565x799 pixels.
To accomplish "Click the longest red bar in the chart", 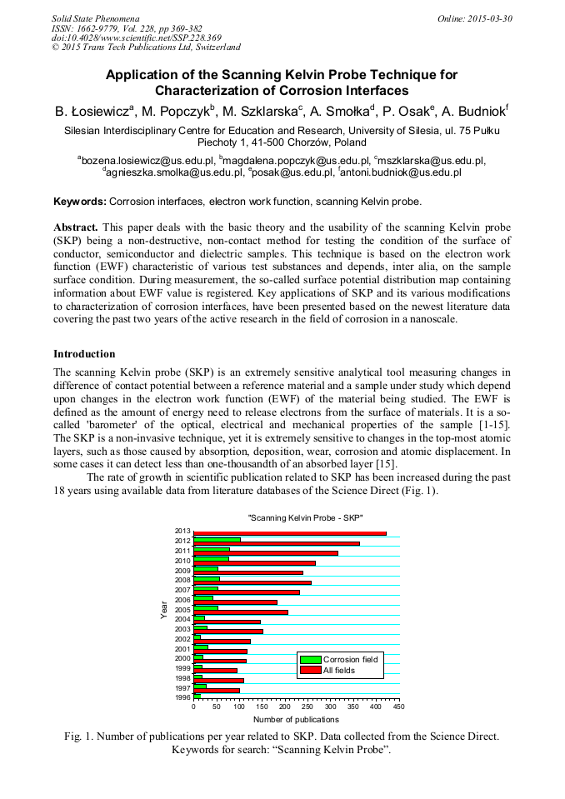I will pyautogui.click(x=289, y=533).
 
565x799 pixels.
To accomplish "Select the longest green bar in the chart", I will pyautogui.click(x=217, y=539).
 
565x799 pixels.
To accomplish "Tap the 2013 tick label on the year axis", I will pyautogui.click(x=183, y=531).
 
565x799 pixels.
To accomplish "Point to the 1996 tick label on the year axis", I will pyautogui.click(x=183, y=697).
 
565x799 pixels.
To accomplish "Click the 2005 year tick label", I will pyautogui.click(x=183, y=609).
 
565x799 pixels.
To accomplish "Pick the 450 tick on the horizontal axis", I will pyautogui.click(x=398, y=707).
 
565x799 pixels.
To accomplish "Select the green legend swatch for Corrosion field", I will pyautogui.click(x=310, y=660).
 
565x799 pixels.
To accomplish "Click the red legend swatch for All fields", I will pyautogui.click(x=310, y=670).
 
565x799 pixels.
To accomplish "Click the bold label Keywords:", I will pyautogui.click(x=80, y=202).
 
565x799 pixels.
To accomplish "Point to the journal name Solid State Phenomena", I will pyautogui.click(x=95, y=17).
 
